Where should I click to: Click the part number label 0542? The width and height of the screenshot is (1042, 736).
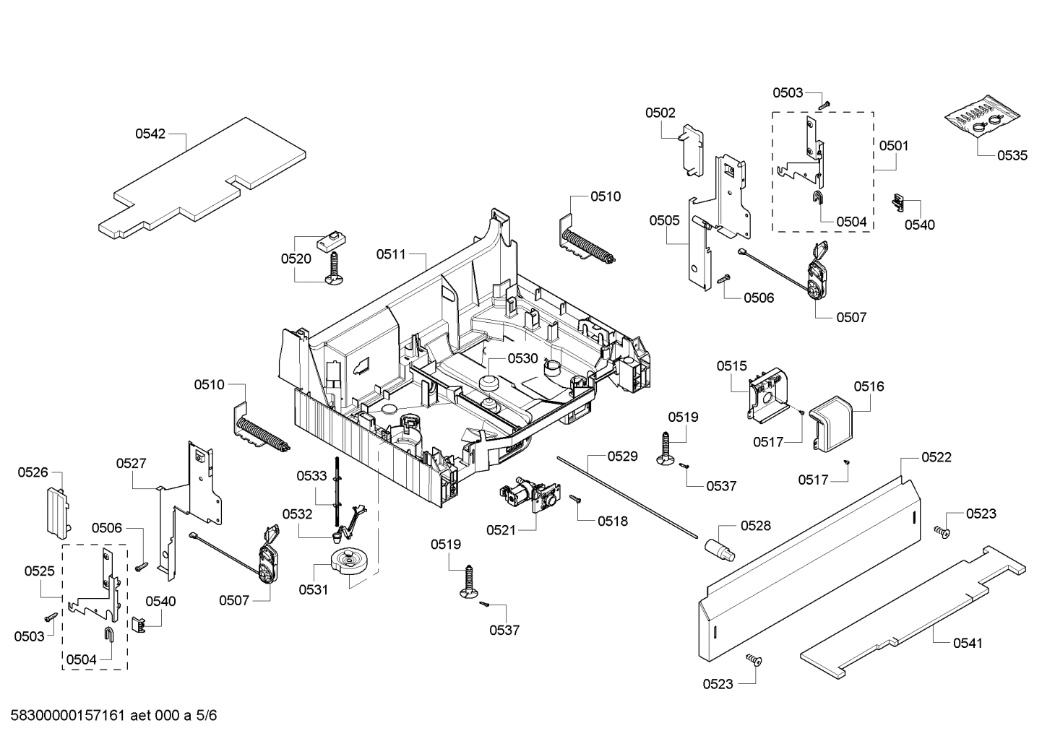[x=150, y=134]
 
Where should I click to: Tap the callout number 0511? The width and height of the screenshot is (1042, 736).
[x=391, y=254]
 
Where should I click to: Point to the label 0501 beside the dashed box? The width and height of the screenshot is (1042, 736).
[x=894, y=146]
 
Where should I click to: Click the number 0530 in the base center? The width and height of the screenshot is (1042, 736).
[x=522, y=358]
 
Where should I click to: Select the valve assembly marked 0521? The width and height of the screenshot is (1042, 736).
[x=530, y=498]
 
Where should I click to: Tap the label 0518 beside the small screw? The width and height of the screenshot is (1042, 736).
[x=613, y=521]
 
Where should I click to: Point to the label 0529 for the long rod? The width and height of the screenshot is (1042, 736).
[x=622, y=456]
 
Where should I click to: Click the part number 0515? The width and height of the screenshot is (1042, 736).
[x=732, y=366]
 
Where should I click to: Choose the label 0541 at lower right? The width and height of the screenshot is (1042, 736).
[x=968, y=643]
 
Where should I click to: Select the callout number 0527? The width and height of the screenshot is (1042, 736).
[x=132, y=464]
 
